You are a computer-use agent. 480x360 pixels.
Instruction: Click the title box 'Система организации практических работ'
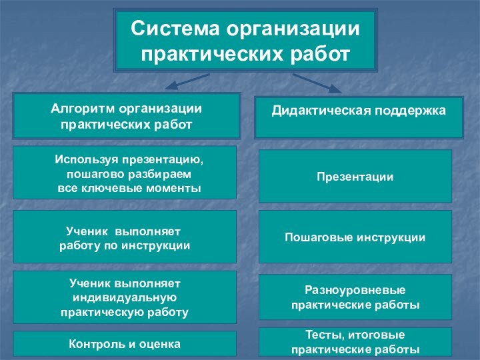pos(245,40)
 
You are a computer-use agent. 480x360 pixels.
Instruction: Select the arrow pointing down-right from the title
pos(317,83)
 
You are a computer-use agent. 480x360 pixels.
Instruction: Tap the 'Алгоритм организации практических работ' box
pos(127,116)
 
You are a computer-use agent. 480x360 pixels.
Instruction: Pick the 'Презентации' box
pos(355,177)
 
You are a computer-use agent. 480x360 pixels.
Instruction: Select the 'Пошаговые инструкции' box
pos(355,237)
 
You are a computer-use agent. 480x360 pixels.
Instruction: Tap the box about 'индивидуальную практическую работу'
pos(125,297)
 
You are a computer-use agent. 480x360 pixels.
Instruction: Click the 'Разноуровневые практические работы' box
pos(355,297)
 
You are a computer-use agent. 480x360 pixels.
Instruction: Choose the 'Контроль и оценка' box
pos(125,344)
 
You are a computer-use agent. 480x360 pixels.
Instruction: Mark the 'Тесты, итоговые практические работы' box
pos(355,341)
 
